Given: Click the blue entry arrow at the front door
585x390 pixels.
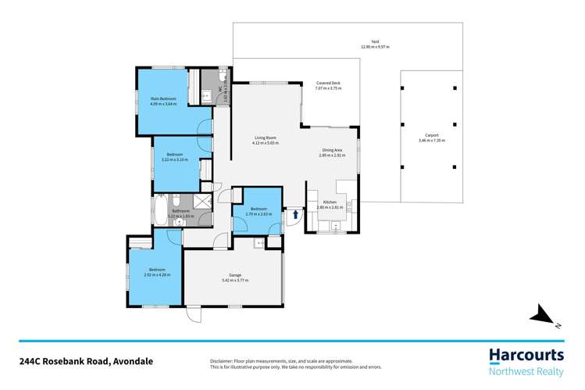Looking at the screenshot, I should (x=295, y=211).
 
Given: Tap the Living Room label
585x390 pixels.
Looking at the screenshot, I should (x=265, y=138).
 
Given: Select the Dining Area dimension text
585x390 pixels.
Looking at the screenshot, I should (x=333, y=155).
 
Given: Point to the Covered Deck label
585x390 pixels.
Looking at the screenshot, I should (x=328, y=83).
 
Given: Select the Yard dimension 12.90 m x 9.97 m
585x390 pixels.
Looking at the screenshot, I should (x=375, y=47).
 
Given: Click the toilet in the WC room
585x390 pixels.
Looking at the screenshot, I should (x=206, y=96).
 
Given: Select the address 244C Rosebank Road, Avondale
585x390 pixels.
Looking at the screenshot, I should (x=86, y=361).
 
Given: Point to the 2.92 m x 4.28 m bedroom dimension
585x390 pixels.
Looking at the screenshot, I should (x=156, y=274).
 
